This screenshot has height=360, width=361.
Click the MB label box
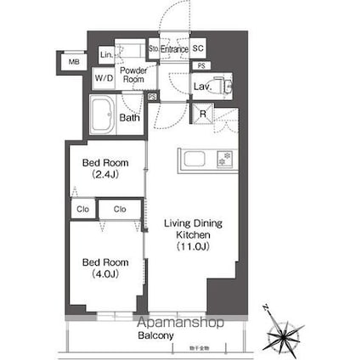73,62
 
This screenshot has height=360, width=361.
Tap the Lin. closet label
106,55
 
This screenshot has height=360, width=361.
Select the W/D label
104,78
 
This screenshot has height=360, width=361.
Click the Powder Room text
133,74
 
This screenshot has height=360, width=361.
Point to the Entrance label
173,50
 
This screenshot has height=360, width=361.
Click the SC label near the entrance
197,49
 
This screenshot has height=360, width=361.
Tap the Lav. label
201,87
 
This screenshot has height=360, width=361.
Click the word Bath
129,118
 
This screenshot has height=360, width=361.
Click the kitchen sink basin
194,158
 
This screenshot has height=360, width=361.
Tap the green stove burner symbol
224,158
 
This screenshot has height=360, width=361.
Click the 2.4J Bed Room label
105,167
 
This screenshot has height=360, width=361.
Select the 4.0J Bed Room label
105,268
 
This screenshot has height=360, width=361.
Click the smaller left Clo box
82,208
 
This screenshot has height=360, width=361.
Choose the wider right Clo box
120,208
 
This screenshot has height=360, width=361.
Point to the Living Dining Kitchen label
193,234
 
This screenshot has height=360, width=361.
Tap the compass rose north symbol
285,333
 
